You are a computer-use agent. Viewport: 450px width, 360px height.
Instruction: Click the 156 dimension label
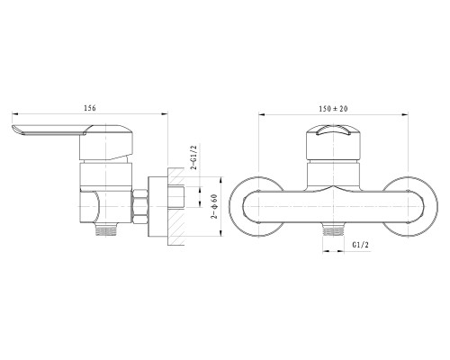pos(90,108)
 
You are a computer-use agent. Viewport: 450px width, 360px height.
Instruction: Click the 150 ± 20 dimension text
pos(333,109)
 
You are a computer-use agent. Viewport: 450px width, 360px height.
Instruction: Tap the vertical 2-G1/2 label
pos(194,157)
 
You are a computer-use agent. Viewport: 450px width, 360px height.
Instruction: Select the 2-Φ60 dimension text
pos(214,206)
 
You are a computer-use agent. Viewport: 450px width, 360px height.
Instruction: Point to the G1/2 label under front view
pos(360,245)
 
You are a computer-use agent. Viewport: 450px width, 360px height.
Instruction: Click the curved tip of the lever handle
pos(14,129)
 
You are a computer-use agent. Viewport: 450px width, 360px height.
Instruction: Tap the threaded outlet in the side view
pos(106,229)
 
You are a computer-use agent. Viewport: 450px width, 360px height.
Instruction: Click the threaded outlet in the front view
pos(333,229)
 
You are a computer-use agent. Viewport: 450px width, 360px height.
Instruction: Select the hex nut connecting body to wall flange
pos(139,206)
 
